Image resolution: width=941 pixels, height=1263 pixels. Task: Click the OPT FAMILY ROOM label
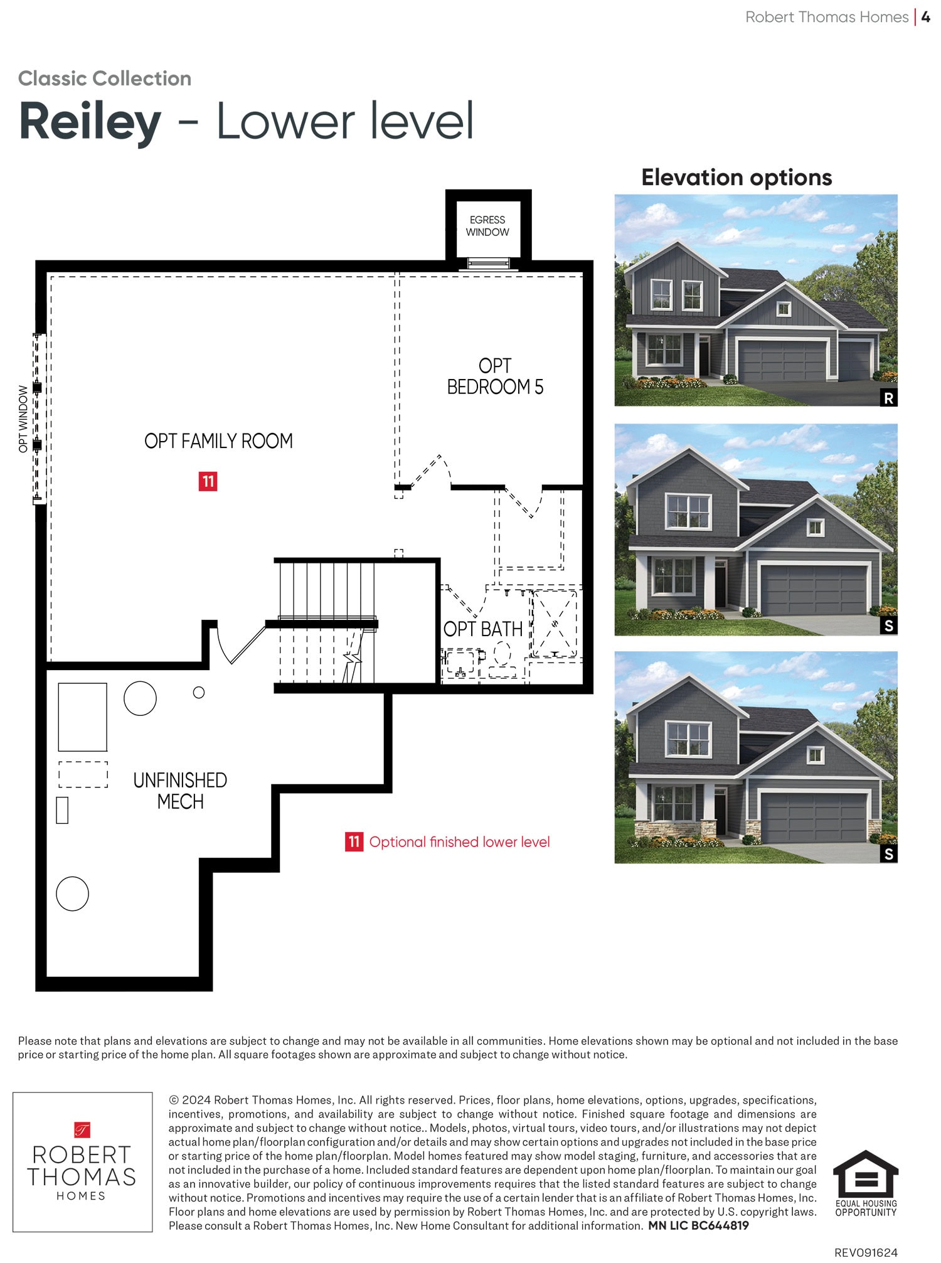(x=218, y=441)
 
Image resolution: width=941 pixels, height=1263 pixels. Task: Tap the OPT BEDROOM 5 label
(x=495, y=376)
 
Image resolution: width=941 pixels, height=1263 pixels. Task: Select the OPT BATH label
(x=482, y=629)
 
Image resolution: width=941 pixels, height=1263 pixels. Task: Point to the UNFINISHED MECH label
(x=180, y=791)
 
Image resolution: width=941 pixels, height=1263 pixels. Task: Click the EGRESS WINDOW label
(x=487, y=226)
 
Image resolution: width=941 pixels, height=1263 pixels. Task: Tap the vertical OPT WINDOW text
(x=23, y=419)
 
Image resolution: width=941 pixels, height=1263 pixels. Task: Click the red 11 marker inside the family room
(x=208, y=481)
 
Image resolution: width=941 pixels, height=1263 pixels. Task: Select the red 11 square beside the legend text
(x=354, y=841)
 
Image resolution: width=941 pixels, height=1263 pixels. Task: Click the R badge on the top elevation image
(x=888, y=398)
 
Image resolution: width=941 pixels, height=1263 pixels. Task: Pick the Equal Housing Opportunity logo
(x=866, y=1183)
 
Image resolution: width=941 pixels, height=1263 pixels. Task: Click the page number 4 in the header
(x=925, y=17)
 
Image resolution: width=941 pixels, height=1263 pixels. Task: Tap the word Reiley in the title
(x=90, y=121)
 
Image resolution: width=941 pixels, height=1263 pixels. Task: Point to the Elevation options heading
(x=736, y=178)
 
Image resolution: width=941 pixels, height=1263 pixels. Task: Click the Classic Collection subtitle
(x=105, y=78)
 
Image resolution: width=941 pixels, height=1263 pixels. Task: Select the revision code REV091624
(x=866, y=1252)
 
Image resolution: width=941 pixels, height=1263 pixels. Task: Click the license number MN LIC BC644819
(x=698, y=1225)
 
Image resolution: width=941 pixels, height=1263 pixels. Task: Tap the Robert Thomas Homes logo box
(x=83, y=1162)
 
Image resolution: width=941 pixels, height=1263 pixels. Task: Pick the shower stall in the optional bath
(x=555, y=624)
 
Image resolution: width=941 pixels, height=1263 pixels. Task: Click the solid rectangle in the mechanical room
(x=83, y=717)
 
